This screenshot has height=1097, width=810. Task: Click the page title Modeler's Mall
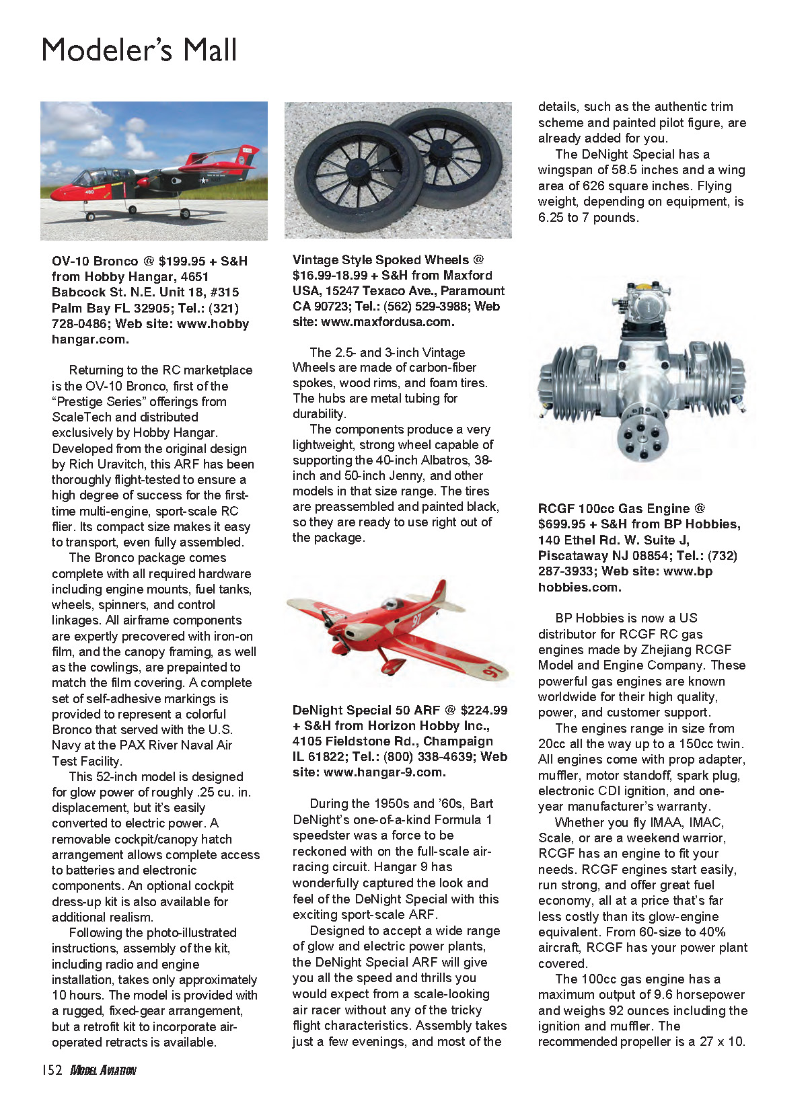(x=139, y=50)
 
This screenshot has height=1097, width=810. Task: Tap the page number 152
(x=52, y=1070)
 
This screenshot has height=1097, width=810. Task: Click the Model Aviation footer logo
(x=104, y=1070)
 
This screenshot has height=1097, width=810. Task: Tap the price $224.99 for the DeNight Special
(x=484, y=710)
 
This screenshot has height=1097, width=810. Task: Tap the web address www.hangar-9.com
(x=383, y=772)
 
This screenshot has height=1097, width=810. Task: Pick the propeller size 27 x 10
(x=721, y=1042)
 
